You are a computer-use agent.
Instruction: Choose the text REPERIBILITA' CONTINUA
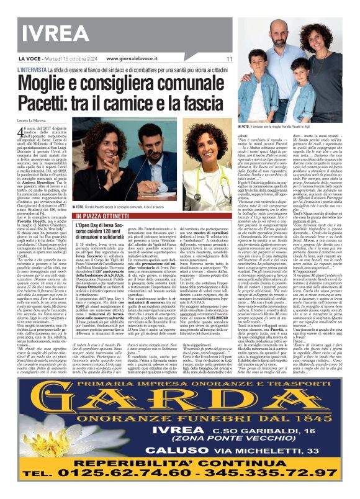(180, 469)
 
